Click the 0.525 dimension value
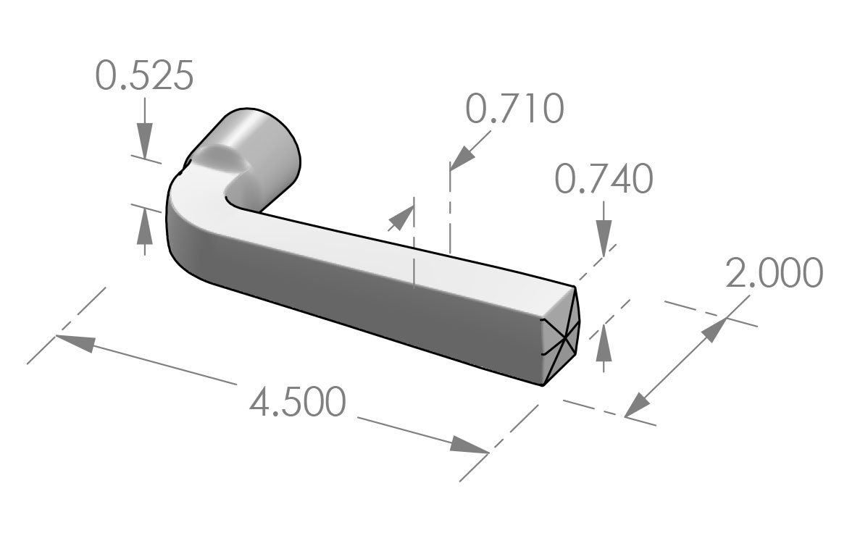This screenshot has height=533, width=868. pos(145,76)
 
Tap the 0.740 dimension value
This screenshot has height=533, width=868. pos(604,180)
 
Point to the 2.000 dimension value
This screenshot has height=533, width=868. pos(774,274)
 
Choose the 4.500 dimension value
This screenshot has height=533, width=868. pos(297,403)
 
